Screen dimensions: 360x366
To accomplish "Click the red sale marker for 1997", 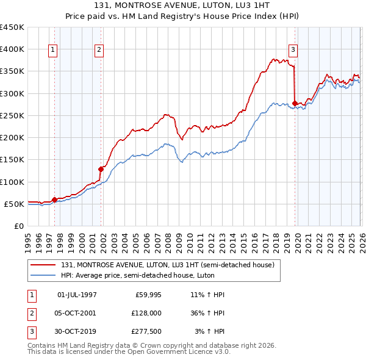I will tap(54, 199).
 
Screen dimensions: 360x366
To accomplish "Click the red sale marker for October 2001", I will tap(101, 169).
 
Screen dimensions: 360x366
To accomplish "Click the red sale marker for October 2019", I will tap(295, 103).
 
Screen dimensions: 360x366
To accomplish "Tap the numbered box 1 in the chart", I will tap(54, 50).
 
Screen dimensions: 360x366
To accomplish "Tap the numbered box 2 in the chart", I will tap(99, 50).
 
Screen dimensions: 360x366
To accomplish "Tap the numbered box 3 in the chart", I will tap(293, 50).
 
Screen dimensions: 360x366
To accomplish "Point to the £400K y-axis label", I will tap(12, 49).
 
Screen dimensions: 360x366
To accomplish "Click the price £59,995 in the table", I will tap(148, 295).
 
